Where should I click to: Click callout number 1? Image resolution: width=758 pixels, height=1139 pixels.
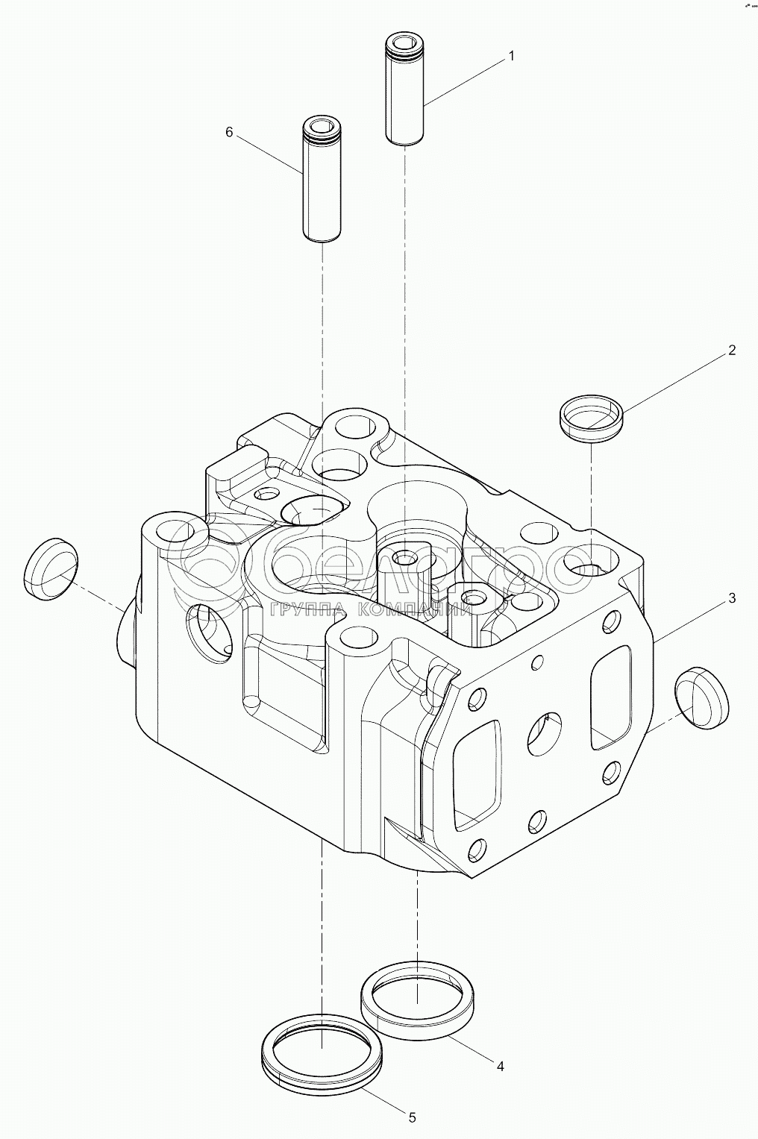coord(511,56)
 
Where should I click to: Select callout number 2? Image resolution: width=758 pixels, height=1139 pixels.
coord(732,350)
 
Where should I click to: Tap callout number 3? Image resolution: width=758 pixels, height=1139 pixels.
coord(732,598)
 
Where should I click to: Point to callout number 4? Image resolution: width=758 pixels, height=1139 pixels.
coord(500,1067)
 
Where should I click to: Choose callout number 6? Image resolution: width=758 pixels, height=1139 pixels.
coord(229,132)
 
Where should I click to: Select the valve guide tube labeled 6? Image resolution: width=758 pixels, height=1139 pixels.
coord(322,179)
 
